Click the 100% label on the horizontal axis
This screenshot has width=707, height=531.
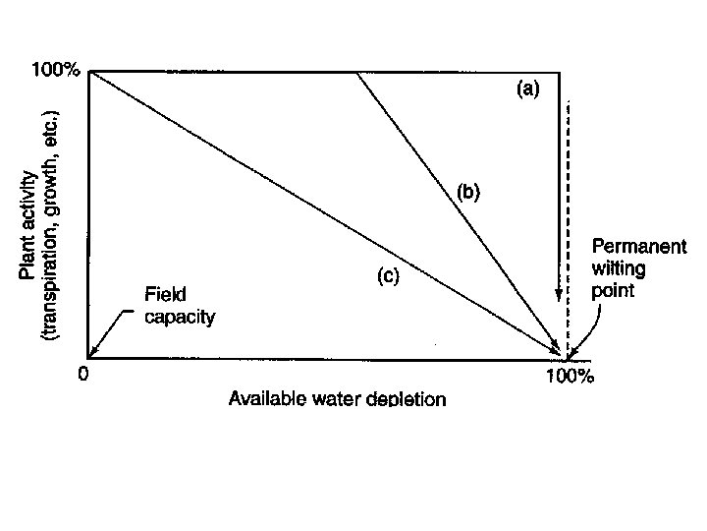[570, 376]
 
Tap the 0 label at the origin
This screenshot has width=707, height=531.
[83, 374]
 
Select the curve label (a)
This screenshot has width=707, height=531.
[527, 89]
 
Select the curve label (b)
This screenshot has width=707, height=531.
[467, 192]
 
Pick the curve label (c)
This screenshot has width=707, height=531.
[388, 277]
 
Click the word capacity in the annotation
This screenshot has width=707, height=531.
[180, 317]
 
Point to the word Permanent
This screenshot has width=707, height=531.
[638, 247]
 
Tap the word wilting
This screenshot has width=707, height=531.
[616, 269]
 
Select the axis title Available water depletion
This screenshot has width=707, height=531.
[337, 399]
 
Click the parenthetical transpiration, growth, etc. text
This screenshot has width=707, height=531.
[51, 226]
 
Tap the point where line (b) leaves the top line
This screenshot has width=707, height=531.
[355, 71]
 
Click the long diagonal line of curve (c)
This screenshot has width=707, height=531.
[295, 197]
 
